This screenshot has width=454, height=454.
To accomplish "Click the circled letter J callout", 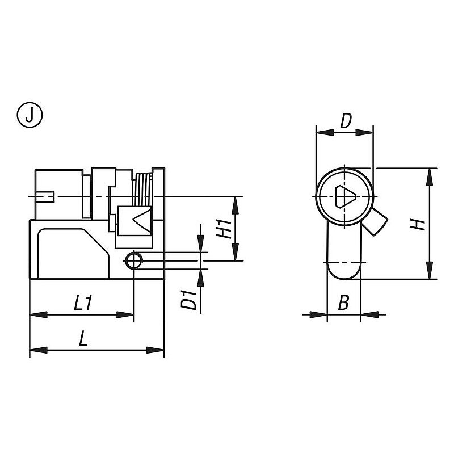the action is click(30, 115).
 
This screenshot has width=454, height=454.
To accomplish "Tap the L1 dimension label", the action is click(83, 303).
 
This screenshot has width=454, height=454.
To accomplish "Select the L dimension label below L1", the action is click(83, 338).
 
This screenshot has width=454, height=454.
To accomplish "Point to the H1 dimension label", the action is click(224, 229).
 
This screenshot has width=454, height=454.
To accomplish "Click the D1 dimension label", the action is click(189, 300).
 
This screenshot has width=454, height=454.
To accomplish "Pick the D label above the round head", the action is click(346, 121).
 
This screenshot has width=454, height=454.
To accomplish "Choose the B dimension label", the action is click(344, 302).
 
